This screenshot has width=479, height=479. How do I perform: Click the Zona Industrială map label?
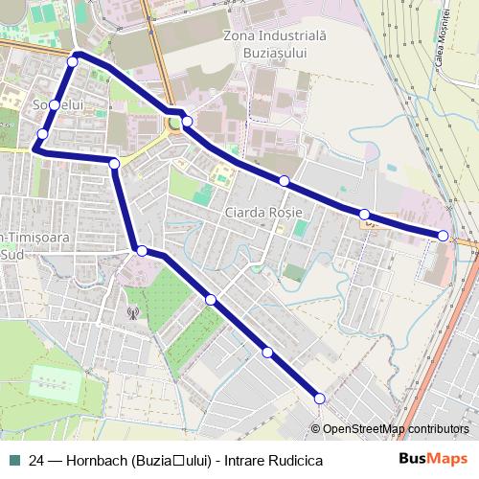(x=262, y=36)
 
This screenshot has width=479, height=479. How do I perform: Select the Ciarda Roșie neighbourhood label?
(x=263, y=211)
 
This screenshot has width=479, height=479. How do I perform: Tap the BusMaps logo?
(x=434, y=459)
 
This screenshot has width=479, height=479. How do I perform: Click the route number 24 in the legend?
(x=36, y=460)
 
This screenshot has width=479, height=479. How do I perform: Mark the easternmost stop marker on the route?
(x=443, y=235)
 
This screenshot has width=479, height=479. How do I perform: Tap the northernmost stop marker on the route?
(x=73, y=61)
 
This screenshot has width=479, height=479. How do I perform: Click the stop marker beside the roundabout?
(x=188, y=121)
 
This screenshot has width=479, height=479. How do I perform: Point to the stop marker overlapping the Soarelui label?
(x=56, y=104)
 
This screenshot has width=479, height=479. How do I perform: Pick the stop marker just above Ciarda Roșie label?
(x=285, y=180)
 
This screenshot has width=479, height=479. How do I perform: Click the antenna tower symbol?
(x=133, y=313)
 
